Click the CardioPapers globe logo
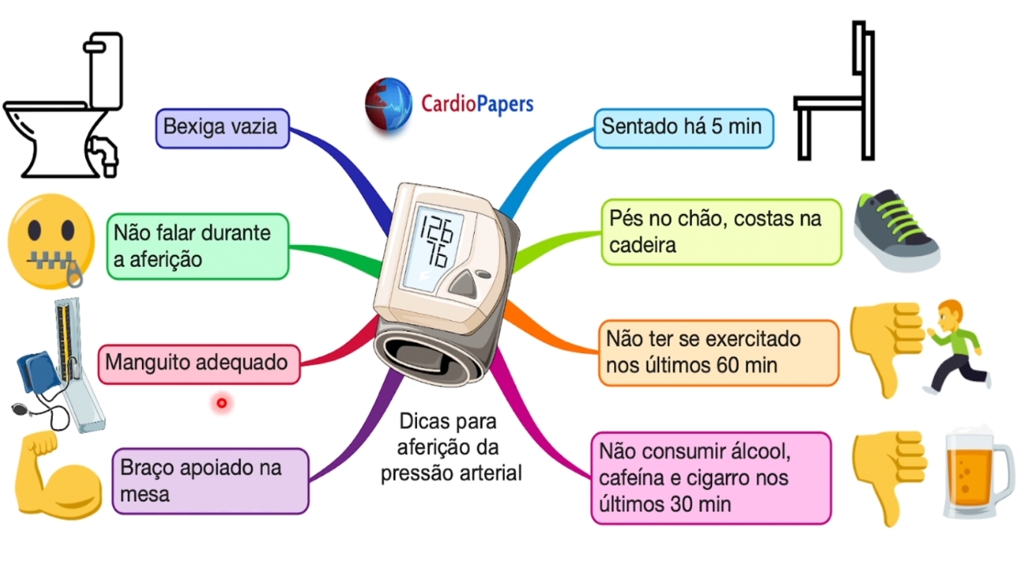click(x=388, y=103)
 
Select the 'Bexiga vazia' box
click(x=221, y=128)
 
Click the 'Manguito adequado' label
click(x=197, y=363)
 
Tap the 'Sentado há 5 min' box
click(x=683, y=128)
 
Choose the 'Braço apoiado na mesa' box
click(x=210, y=480)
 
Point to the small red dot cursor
click(x=221, y=403)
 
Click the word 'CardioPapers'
click(x=477, y=103)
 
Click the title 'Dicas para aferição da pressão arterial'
click(x=450, y=448)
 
